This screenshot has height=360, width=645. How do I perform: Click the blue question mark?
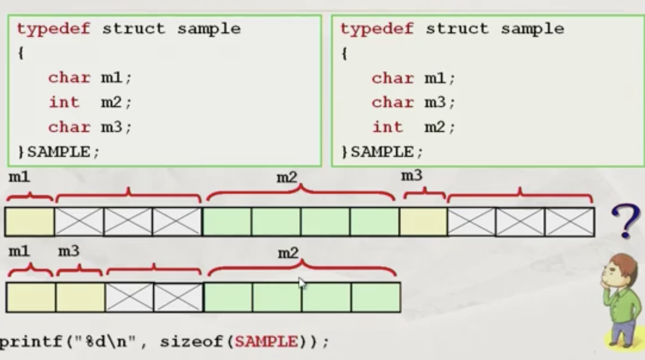pyautogui.click(x=625, y=220)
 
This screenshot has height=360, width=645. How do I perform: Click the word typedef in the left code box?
pyautogui.click(x=53, y=29)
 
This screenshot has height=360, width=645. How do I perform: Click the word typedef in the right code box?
pyautogui.click(x=377, y=29)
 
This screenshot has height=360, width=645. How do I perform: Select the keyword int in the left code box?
pyautogui.click(x=64, y=102)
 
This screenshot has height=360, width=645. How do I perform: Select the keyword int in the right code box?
pyautogui.click(x=387, y=127)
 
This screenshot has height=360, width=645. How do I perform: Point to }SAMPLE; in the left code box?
pyautogui.click(x=58, y=152)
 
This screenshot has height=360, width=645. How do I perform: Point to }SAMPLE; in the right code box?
pyautogui.click(x=382, y=152)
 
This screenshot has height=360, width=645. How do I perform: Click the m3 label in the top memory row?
pyautogui.click(x=411, y=176)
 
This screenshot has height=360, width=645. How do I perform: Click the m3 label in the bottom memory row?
pyautogui.click(x=69, y=251)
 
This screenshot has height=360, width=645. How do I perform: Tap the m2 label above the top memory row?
pyautogui.click(x=287, y=178)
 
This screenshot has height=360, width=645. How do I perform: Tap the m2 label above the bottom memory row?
pyautogui.click(x=288, y=253)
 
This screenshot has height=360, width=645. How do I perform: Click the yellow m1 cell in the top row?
pyautogui.click(x=30, y=222)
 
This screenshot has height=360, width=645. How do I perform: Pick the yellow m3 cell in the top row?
pyautogui.click(x=423, y=222)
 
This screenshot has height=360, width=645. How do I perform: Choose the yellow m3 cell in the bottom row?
pyautogui.click(x=80, y=297)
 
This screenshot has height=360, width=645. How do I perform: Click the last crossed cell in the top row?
pyautogui.click(x=569, y=222)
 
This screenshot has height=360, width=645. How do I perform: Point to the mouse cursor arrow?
pyautogui.click(x=302, y=283)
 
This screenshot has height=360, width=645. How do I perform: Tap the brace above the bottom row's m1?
pyautogui.click(x=30, y=270)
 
